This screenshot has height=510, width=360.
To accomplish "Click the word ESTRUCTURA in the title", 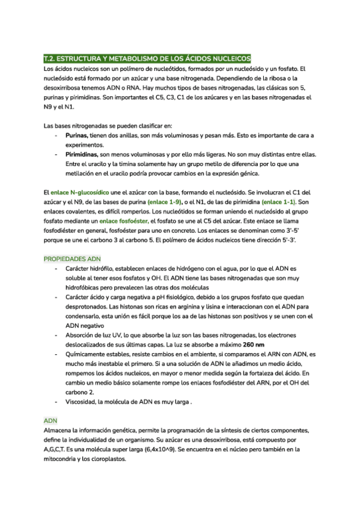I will [x=81, y=59].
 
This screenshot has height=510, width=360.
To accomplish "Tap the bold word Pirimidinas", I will [x=84, y=155].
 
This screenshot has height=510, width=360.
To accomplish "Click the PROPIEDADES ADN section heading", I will [x=73, y=258].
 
